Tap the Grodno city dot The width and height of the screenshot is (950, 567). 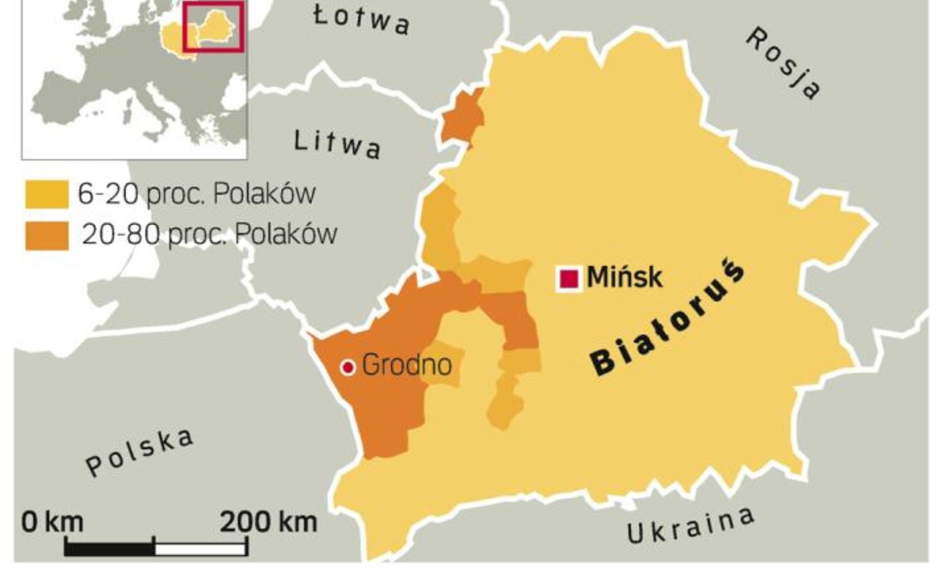(347, 367)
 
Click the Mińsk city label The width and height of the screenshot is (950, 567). (624, 278)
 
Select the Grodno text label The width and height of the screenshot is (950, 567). (406, 366)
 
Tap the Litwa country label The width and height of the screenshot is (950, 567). (337, 143)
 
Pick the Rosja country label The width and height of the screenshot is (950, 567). (782, 63)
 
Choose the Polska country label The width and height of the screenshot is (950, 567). (139, 453)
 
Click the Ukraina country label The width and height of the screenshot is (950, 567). (690, 527)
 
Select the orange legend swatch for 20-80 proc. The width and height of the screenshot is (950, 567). (47, 236)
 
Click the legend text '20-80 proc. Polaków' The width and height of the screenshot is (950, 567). (208, 235)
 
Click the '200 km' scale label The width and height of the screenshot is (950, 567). (268, 522)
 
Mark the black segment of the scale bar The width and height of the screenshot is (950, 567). (109, 546)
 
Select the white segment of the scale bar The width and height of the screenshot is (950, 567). (199, 546)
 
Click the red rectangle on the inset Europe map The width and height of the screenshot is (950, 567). (212, 26)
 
